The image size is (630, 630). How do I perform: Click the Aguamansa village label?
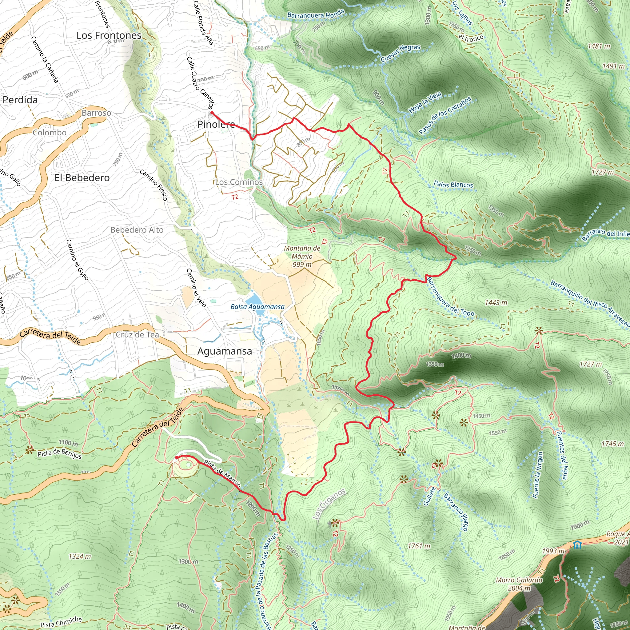224,351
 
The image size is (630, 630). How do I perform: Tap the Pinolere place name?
216,124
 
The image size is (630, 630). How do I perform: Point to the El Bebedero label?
82,178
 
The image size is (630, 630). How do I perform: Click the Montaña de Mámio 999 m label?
302,256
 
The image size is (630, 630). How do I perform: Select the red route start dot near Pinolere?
212,113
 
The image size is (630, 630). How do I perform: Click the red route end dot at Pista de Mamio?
176,457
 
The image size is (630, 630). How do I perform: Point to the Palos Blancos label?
453,185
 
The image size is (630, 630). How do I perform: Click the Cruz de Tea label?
137,335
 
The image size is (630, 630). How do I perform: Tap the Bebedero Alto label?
137,230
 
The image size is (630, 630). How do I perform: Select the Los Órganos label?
329,504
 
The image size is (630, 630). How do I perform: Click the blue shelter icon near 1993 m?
577,545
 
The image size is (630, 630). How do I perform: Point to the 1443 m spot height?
496,303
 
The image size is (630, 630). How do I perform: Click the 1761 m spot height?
419,546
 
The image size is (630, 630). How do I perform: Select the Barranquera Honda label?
315,14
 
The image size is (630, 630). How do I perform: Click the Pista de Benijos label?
59,454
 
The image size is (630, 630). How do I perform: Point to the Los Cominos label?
239,182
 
